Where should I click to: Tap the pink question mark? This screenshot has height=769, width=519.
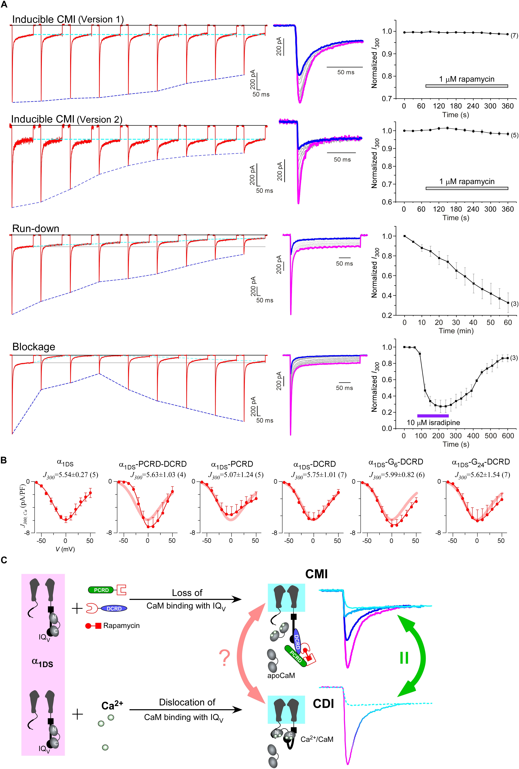224,658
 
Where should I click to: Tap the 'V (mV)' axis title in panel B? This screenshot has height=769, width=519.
65,549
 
